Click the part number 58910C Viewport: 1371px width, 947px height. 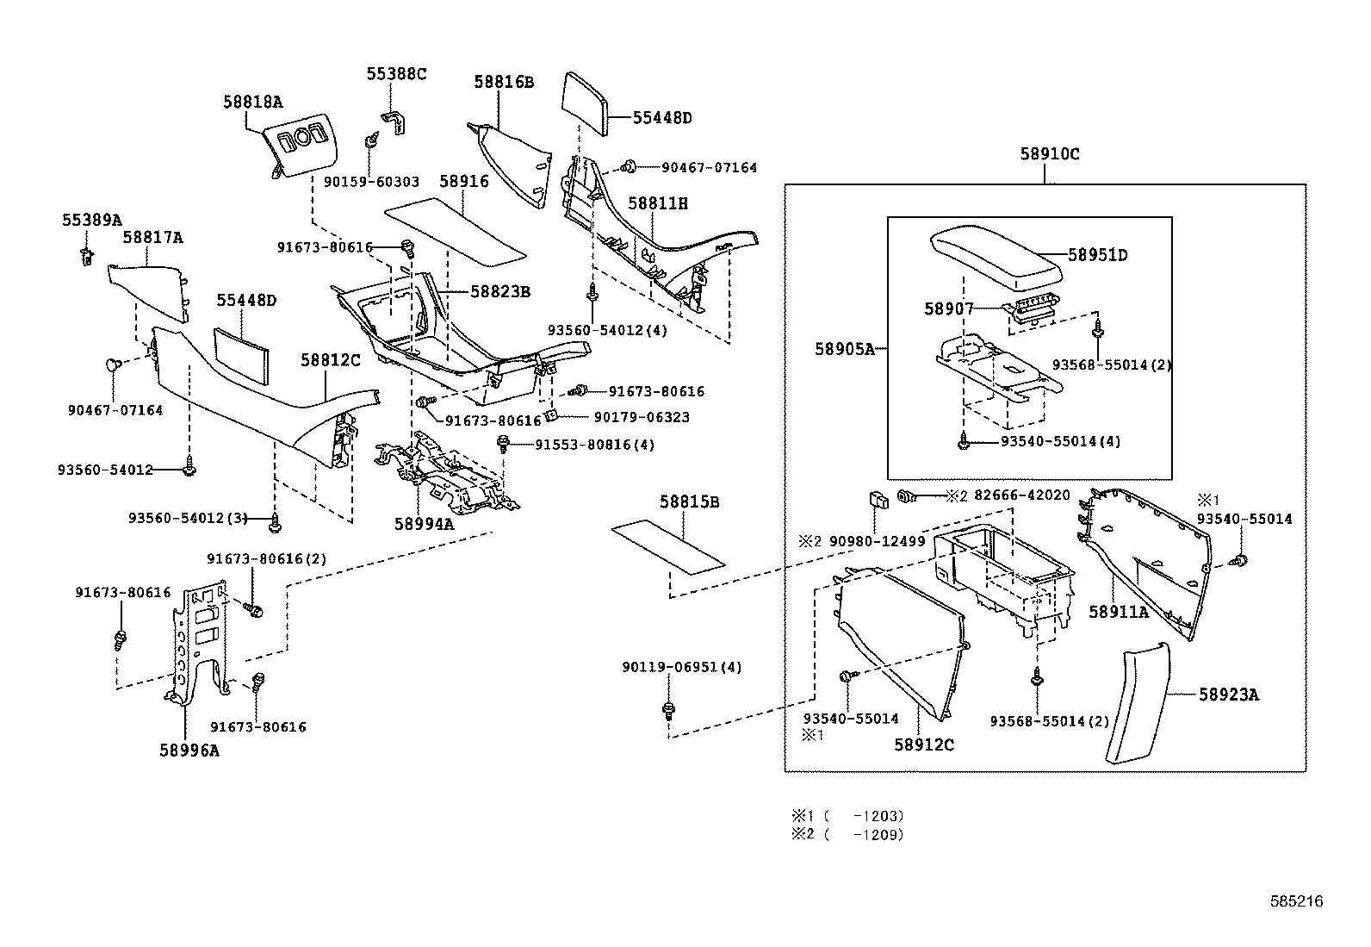tap(1049, 155)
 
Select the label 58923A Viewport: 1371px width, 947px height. tap(1229, 695)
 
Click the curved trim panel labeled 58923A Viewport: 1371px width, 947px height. tap(1135, 702)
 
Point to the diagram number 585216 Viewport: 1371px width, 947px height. tap(1296, 901)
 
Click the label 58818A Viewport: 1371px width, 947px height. tap(253, 101)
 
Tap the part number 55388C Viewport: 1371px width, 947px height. tap(396, 74)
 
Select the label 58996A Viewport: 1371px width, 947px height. tap(189, 751)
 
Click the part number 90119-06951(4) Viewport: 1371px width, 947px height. tap(682, 667)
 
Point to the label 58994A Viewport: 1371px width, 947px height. tap(424, 524)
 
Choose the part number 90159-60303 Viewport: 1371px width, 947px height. tap(371, 182)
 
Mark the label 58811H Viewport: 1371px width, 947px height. tap(658, 204)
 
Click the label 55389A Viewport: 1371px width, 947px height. tap(92, 220)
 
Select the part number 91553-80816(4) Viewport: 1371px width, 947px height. tap(594, 445)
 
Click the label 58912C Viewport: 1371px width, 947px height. tap(924, 745)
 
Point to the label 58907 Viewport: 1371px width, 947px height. tap(949, 308)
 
